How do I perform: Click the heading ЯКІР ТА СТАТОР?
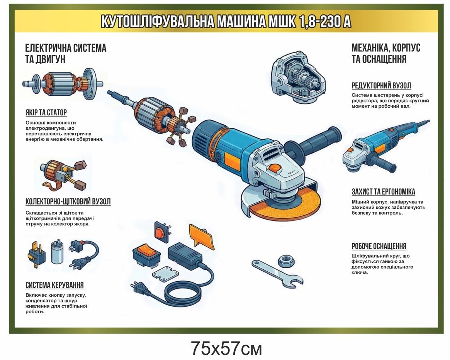click(x=46, y=112)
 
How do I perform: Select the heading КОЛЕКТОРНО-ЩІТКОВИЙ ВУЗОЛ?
click(x=68, y=201)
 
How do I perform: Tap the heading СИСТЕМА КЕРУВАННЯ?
click(x=54, y=285)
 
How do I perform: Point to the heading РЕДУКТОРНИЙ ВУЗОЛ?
click(x=381, y=85)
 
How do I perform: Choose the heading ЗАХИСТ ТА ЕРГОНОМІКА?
click(x=384, y=192)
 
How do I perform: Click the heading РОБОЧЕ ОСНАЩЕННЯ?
click(x=379, y=246)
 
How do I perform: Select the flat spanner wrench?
click(x=277, y=273)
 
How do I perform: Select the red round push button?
click(x=160, y=231)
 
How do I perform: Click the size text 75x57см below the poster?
click(x=226, y=348)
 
